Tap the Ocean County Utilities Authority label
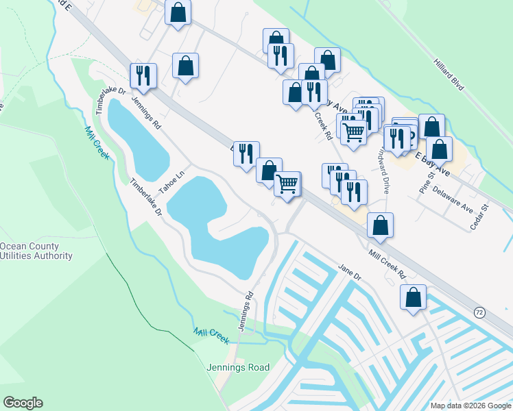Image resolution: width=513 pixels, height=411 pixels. pos(36,251)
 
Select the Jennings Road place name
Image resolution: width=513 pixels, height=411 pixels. pos(238,367)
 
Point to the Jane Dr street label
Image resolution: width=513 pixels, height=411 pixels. pos(349,273)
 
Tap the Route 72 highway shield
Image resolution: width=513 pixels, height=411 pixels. pos(479,312)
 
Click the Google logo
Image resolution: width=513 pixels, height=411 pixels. pos(23,403)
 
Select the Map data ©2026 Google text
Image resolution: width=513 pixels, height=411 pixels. pos(470,406)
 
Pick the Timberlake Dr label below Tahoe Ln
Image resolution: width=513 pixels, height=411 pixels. pos(145,198)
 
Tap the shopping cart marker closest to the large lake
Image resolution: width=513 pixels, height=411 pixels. pos(287,184)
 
